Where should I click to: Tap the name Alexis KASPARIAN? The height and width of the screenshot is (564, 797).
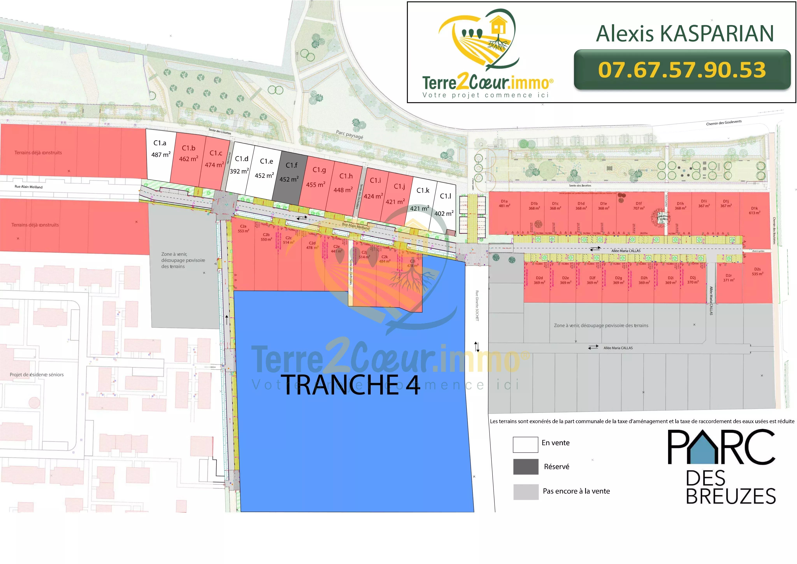pos(685,34)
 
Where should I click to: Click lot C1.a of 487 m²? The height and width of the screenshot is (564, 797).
pos(160,153)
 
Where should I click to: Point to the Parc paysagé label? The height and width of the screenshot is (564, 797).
pos(349,135)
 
